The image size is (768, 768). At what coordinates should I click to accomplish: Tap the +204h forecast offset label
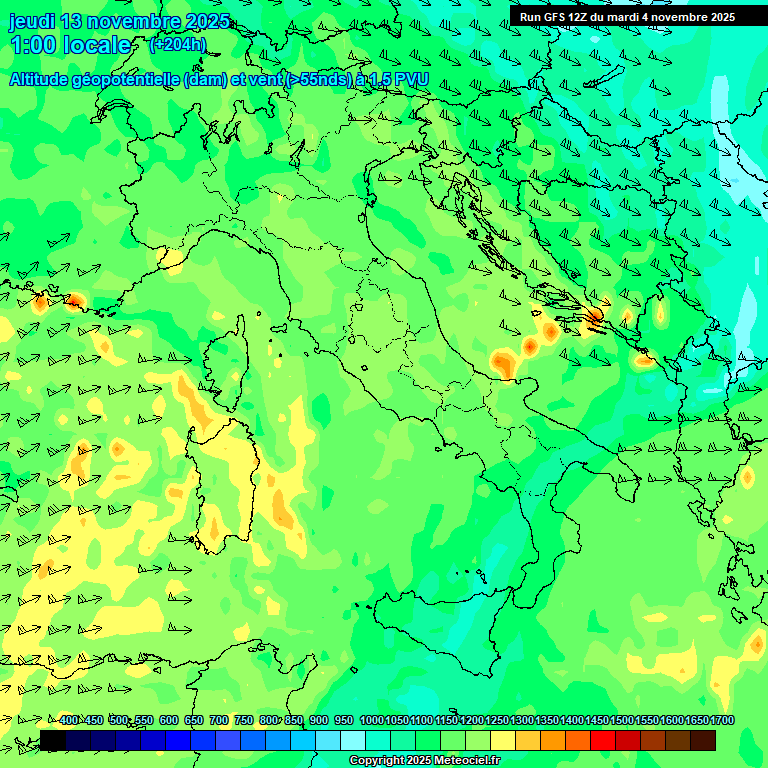(177, 44)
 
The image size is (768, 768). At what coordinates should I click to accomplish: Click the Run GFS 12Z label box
(627, 16)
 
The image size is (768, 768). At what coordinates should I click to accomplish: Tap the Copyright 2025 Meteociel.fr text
(424, 761)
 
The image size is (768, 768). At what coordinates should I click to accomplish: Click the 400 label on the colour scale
(69, 721)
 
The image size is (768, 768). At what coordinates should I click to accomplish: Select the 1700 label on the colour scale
(696, 721)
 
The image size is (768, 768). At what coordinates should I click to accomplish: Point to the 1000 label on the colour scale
(372, 721)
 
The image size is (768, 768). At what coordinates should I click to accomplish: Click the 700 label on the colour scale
(219, 721)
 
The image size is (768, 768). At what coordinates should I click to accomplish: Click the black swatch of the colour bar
(53, 740)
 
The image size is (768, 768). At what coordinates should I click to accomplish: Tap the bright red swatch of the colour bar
(603, 740)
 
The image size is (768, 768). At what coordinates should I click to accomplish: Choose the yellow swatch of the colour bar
(503, 740)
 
